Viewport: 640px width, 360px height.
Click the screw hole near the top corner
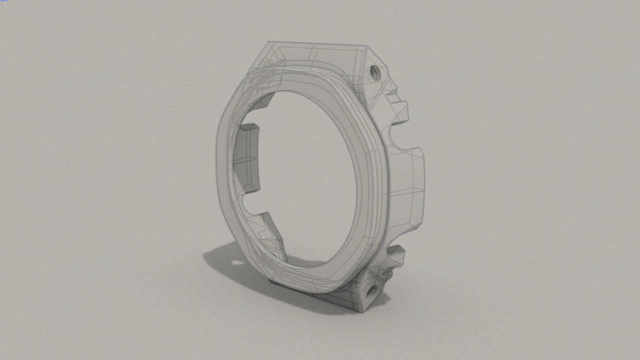tap(373, 73)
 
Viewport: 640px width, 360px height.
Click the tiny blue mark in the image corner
tap(3, 1)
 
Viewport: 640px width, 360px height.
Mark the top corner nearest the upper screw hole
tap(366, 47)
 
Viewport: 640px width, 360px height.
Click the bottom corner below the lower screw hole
tap(361, 311)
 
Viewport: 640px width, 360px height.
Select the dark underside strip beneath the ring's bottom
tap(300, 290)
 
